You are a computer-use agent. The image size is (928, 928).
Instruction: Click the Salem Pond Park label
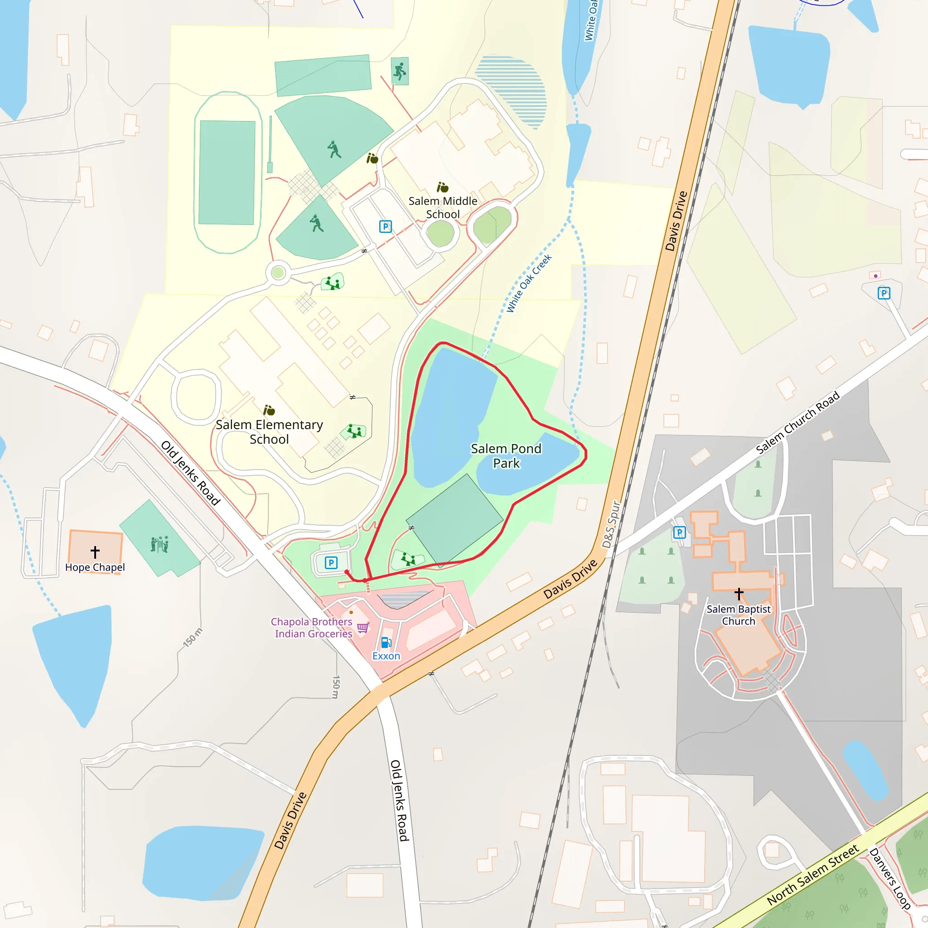pyautogui.click(x=506, y=456)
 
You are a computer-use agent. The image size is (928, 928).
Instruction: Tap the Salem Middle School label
pyautogui.click(x=442, y=208)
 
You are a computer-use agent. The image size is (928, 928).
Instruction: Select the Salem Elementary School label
pyautogui.click(x=269, y=432)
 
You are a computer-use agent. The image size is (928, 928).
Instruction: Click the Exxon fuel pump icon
pyautogui.click(x=386, y=643)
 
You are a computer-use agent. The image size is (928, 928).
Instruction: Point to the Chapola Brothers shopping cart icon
pyautogui.click(x=363, y=627)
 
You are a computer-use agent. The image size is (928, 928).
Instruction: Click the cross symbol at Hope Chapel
pyautogui.click(x=95, y=552)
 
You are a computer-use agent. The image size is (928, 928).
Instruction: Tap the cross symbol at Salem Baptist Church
pyautogui.click(x=739, y=594)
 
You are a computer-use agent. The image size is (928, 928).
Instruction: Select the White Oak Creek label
pyautogui.click(x=529, y=284)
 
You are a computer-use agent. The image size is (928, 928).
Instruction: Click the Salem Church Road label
pyautogui.click(x=797, y=423)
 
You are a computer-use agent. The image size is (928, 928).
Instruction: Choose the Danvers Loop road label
pyautogui.click(x=889, y=879)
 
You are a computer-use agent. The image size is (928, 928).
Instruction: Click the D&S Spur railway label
pyautogui.click(x=611, y=525)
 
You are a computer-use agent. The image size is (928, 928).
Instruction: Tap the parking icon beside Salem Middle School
pyautogui.click(x=385, y=226)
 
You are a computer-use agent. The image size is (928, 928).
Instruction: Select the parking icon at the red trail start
pyautogui.click(x=331, y=562)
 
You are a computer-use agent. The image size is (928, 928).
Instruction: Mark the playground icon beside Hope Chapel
pyautogui.click(x=159, y=544)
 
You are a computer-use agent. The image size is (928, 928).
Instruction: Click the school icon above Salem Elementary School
pyautogui.click(x=269, y=410)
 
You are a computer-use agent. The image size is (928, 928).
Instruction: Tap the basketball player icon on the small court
pyautogui.click(x=400, y=72)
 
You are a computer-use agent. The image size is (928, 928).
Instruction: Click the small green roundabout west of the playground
pyautogui.click(x=278, y=273)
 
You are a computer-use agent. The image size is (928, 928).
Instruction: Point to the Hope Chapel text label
pyautogui.click(x=95, y=567)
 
